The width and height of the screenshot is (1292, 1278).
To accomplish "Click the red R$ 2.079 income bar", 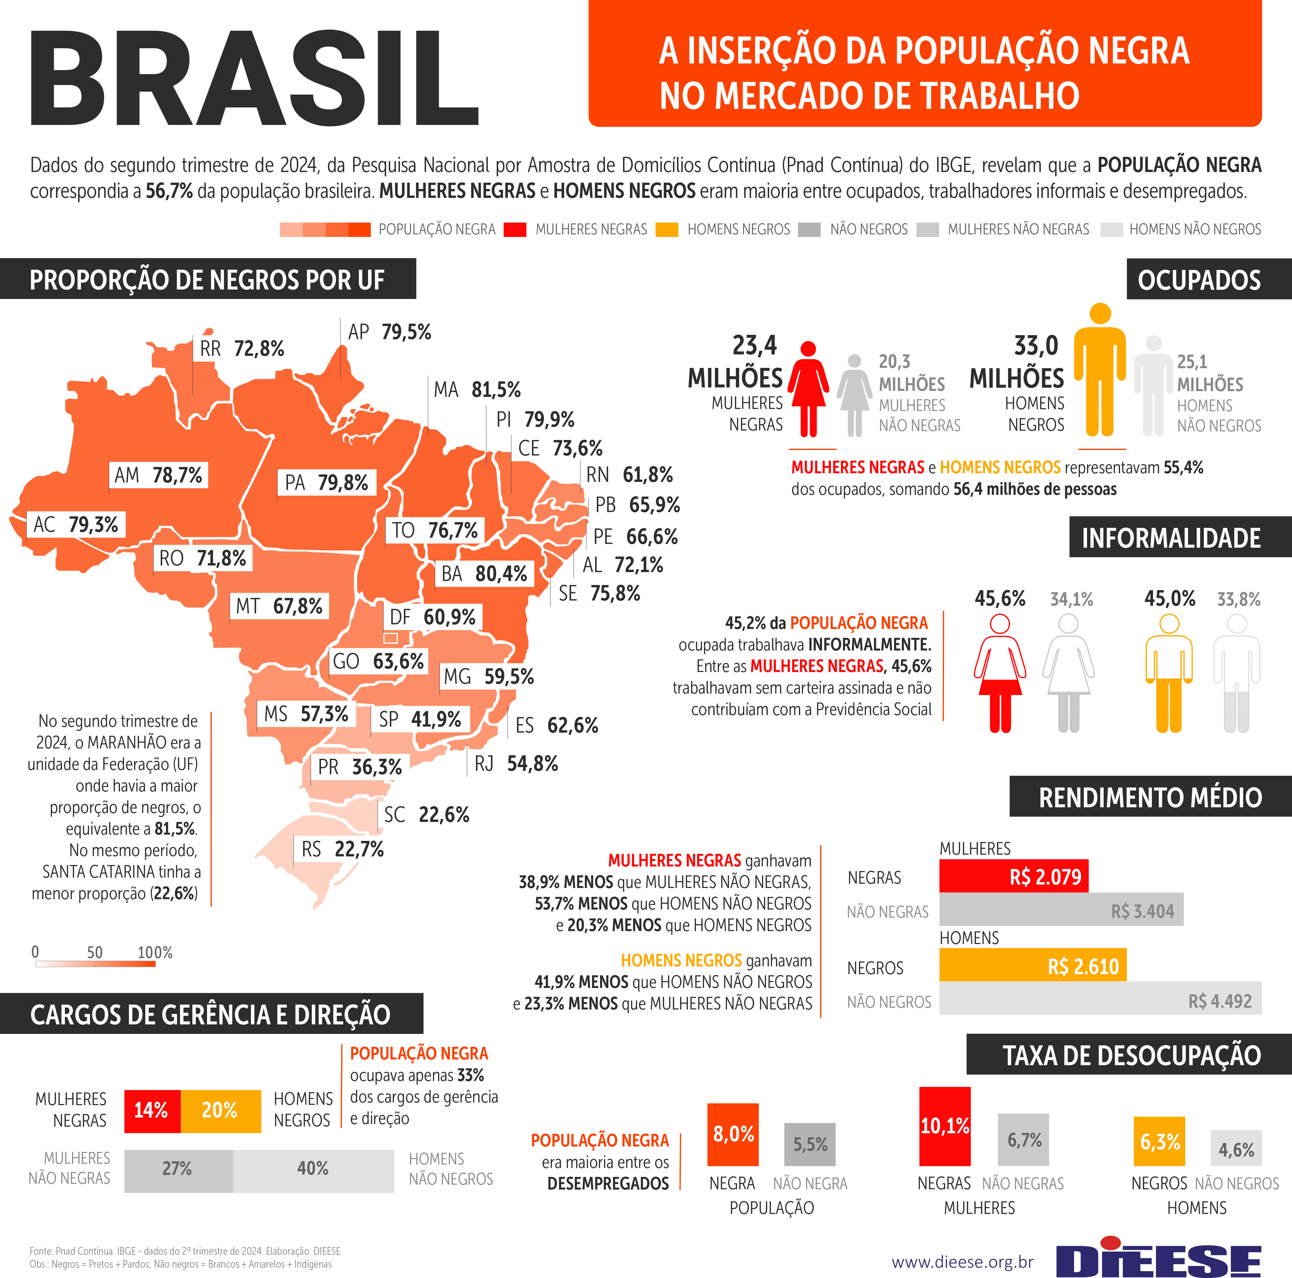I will (1013, 876).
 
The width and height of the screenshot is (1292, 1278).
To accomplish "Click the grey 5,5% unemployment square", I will (810, 1144).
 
